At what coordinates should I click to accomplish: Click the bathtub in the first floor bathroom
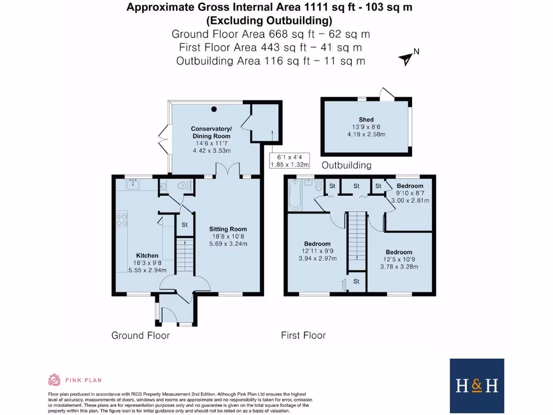pyautogui.click(x=294, y=196)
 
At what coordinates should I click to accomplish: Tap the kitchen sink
pyautogui.click(x=134, y=185)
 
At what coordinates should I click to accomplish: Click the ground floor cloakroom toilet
pyautogui.click(x=184, y=186)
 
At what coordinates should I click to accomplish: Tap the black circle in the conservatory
pyautogui.click(x=214, y=109)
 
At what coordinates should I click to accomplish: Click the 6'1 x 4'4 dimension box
pyautogui.click(x=289, y=160)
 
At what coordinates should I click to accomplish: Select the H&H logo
pyautogui.click(x=476, y=385)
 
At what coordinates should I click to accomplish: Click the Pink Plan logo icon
pyautogui.click(x=54, y=379)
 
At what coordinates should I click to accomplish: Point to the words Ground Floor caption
pyautogui.click(x=140, y=336)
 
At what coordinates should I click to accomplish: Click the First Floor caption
pyautogui.click(x=303, y=336)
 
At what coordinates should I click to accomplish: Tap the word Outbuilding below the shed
pyautogui.click(x=346, y=165)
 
